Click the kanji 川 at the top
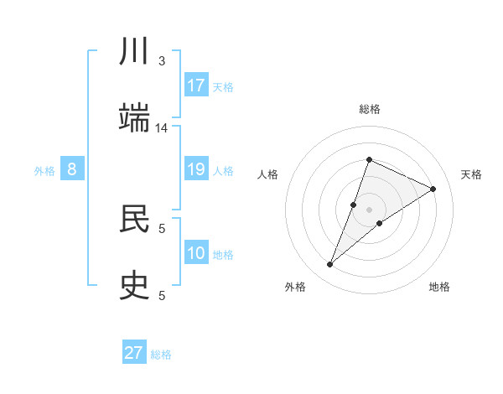point(134,52)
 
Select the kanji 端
point(134,119)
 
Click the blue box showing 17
point(196,86)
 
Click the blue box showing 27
point(134,353)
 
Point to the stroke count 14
point(162,128)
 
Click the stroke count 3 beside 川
point(162,61)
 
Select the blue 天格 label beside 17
point(223,86)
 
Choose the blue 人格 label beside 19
point(223,171)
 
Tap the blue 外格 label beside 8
point(44,171)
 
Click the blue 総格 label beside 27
point(161,354)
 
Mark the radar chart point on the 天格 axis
point(433,189)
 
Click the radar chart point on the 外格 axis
point(330,265)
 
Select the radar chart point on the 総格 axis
point(369,159)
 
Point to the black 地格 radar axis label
point(439,287)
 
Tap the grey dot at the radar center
point(369,210)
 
